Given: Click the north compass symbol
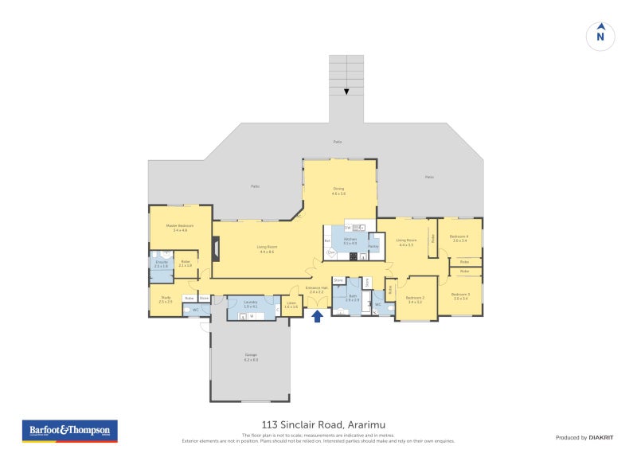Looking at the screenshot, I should [x=600, y=35].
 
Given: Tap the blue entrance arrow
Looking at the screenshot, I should [x=317, y=316].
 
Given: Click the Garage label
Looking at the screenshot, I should [x=251, y=358].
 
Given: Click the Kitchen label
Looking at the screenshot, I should [x=350, y=240].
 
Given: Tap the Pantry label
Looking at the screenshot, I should [x=373, y=246].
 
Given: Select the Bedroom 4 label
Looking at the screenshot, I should [x=459, y=237].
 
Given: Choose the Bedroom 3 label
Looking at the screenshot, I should [x=461, y=296].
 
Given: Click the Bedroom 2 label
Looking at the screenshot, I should [x=416, y=299].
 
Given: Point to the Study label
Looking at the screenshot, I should [x=166, y=299].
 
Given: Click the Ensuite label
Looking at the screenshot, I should [x=161, y=263].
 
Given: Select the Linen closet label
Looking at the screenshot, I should [x=291, y=304].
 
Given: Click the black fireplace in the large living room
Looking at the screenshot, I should [x=216, y=248].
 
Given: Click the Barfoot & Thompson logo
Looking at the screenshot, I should [x=68, y=431].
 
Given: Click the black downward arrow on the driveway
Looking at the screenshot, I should [x=346, y=92].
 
